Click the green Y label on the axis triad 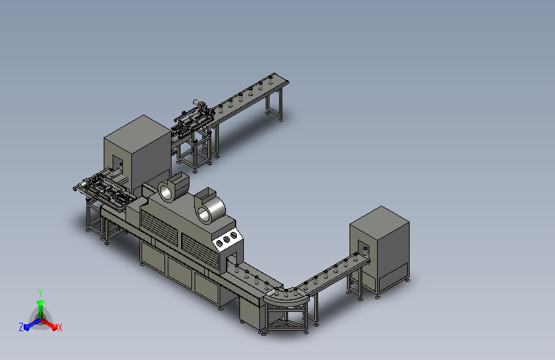tap(40, 293)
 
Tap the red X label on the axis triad tap(60, 327)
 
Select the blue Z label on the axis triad tap(21, 327)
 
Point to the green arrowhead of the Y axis tap(41, 302)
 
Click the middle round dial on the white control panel tap(226, 240)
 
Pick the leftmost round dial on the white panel tap(220, 243)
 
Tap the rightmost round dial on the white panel tap(233, 235)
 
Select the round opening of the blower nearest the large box tap(165, 192)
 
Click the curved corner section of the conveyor tap(286, 299)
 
